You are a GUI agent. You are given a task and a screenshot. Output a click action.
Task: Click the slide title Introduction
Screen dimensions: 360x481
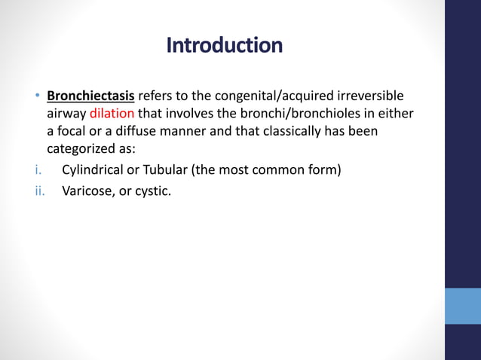pyautogui.click(x=224, y=46)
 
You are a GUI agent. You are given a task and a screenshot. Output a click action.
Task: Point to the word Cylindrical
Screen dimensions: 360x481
pyautogui.click(x=93, y=169)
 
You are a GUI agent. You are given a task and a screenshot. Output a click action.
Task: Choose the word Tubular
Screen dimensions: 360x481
pyautogui.click(x=167, y=169)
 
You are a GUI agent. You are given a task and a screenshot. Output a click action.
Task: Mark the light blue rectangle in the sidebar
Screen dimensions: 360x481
pyautogui.click(x=462, y=306)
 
